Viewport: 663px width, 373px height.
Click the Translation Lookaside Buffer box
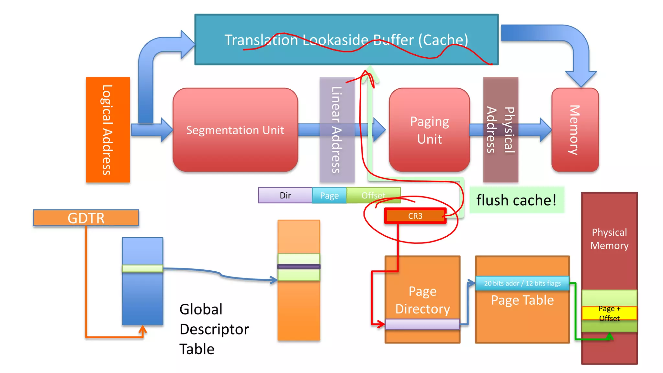(346, 40)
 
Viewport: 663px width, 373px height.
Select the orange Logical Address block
(108, 130)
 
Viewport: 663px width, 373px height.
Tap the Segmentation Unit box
(235, 130)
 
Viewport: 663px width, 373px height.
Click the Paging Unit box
(429, 130)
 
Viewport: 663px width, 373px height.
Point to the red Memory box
(575, 130)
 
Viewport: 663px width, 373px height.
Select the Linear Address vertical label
(337, 130)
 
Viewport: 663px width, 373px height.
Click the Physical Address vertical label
(500, 130)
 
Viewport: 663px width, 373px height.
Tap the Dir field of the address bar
(285, 195)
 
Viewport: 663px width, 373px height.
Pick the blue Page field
(329, 196)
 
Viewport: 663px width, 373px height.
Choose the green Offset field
(373, 195)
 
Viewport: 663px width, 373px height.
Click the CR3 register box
(415, 216)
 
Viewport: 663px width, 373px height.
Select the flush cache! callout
(516, 200)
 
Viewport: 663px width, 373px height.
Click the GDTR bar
(86, 218)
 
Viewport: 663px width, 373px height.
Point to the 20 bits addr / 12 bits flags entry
(522, 283)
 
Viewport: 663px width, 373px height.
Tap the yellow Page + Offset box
(609, 313)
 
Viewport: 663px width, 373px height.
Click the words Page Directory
(422, 300)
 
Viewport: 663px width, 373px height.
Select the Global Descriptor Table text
(214, 329)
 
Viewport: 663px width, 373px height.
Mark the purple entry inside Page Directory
(422, 324)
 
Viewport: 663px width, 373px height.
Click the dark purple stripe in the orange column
(298, 267)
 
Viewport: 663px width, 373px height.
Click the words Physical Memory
(609, 239)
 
